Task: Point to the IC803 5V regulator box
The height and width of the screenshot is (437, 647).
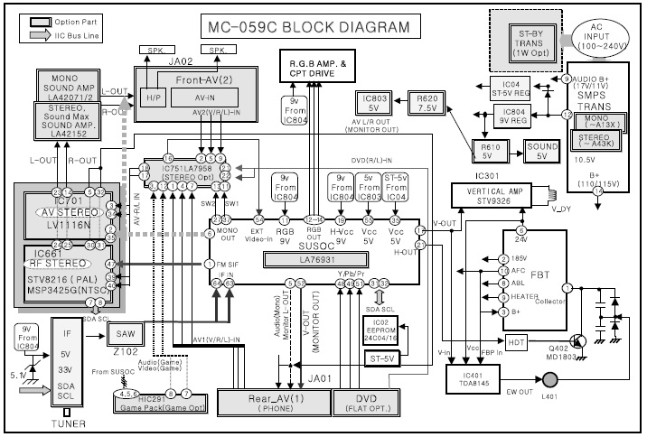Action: pyautogui.click(x=379, y=102)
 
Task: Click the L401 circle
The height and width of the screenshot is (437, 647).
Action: pyautogui.click(x=549, y=396)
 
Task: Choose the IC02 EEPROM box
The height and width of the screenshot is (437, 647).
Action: pyautogui.click(x=381, y=330)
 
